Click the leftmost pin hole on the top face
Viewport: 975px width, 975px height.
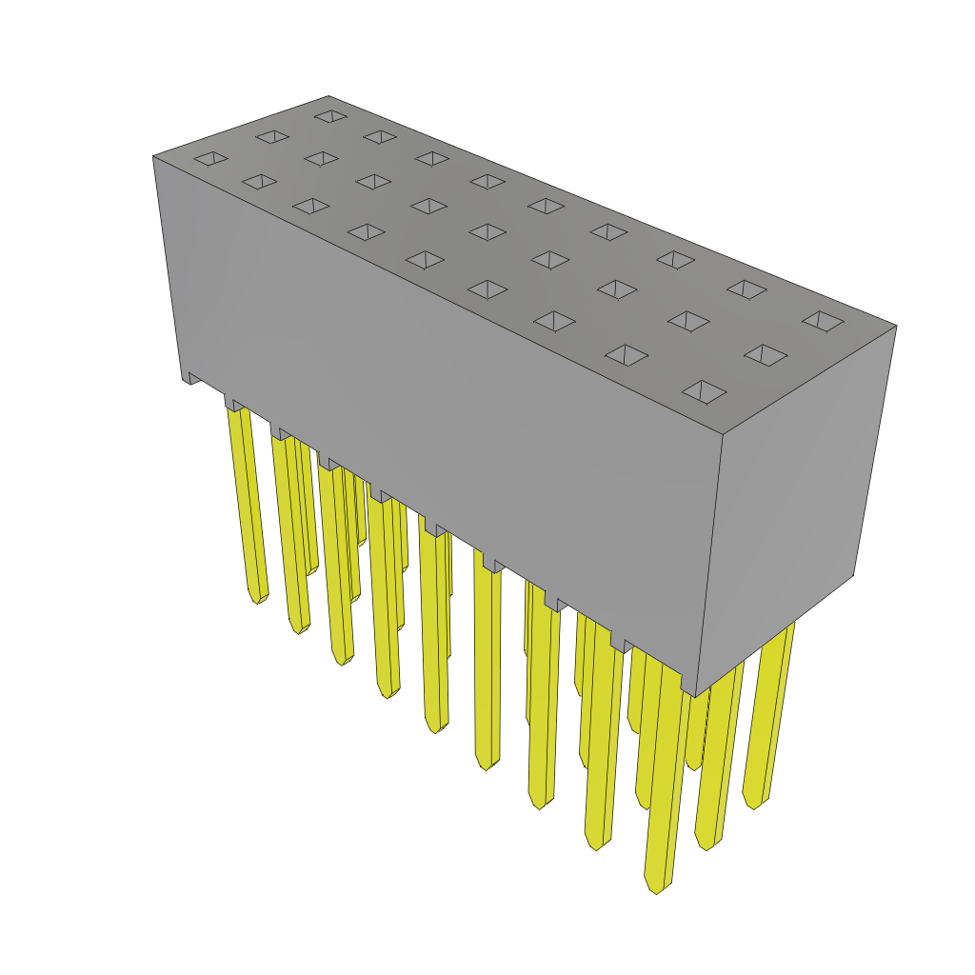210,158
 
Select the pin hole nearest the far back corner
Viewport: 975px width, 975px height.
330,116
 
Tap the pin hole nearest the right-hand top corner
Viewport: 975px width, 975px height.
823,322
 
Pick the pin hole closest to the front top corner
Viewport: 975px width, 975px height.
704,391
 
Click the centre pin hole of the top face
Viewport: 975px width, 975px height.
487,232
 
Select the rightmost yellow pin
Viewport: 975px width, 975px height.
769,714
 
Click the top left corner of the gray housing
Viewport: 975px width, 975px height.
154,157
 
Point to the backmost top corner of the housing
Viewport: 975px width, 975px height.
328,96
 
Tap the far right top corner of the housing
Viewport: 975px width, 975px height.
896,326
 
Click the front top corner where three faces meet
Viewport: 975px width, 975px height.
722,435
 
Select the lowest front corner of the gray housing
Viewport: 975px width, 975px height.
694,697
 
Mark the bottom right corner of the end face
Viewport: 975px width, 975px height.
852,574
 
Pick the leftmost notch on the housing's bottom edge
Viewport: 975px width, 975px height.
193,378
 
